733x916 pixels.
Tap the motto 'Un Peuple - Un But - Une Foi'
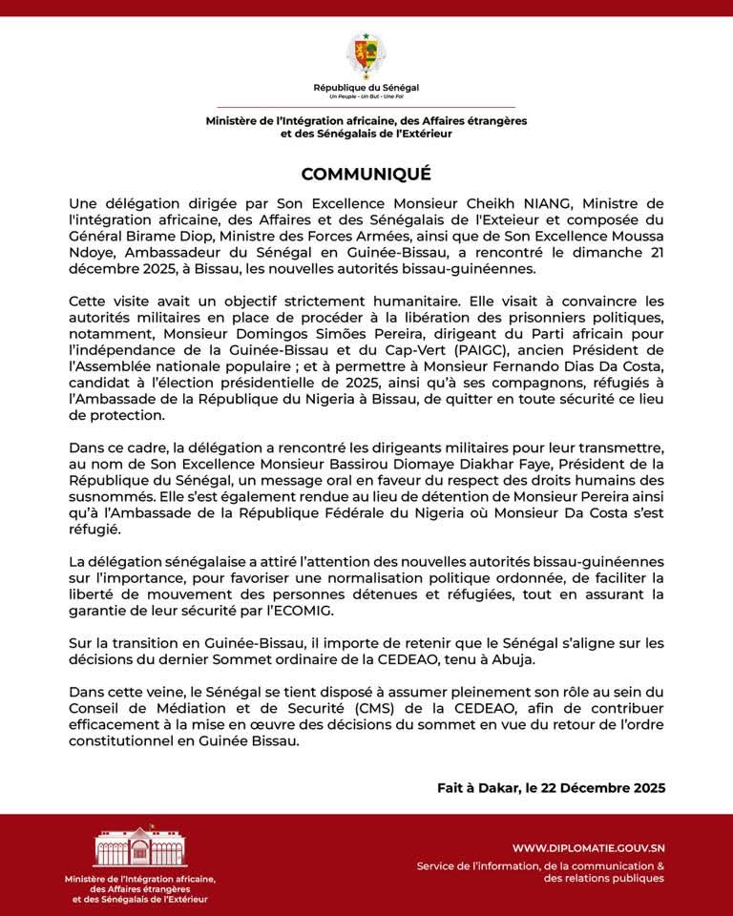pyautogui.click(x=366, y=97)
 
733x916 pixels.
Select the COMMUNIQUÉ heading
pyautogui.click(x=366, y=174)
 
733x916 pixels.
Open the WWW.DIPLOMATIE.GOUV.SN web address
pyautogui.click(x=588, y=847)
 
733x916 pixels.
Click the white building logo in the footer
pyautogui.click(x=139, y=846)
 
